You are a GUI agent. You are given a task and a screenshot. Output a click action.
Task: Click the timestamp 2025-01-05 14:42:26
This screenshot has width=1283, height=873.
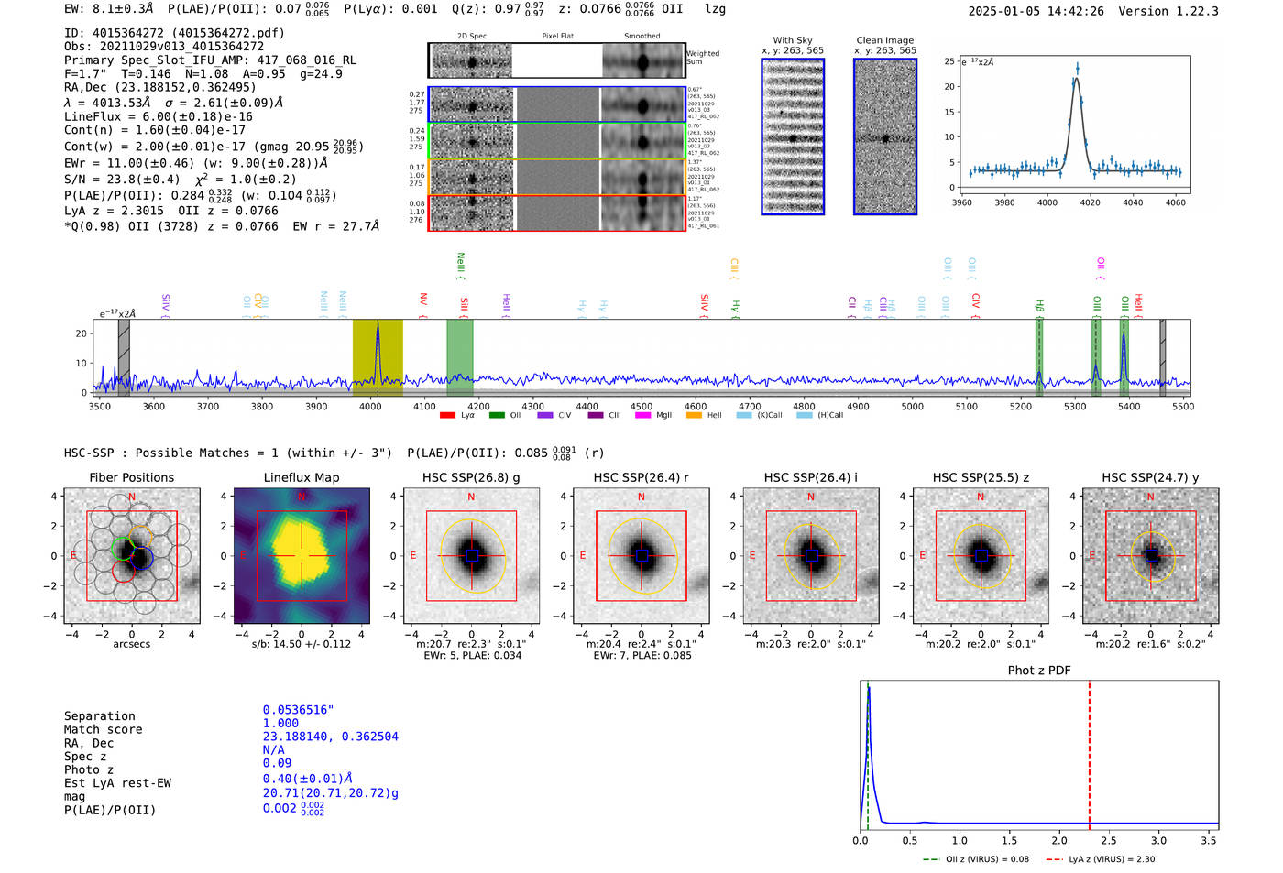1036,12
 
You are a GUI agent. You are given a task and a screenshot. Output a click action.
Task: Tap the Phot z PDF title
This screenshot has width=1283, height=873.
1039,671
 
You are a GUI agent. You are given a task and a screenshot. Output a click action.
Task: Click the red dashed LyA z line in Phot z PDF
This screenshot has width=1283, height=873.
1090,751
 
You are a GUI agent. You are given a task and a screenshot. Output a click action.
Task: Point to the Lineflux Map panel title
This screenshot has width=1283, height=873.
301,477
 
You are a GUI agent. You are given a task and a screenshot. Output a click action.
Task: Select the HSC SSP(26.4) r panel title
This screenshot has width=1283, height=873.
641,477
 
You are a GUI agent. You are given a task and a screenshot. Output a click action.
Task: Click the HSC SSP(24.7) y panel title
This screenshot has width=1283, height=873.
1150,477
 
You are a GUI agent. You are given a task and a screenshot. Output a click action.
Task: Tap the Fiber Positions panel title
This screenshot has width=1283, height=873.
131,477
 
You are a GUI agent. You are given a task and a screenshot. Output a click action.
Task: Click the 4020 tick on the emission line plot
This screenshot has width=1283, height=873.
1090,202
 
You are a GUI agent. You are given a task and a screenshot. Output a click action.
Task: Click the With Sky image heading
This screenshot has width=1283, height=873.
793,40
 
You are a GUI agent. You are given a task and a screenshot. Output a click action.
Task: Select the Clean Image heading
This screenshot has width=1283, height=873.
884,40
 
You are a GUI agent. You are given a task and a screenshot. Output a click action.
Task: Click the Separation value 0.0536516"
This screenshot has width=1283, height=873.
298,710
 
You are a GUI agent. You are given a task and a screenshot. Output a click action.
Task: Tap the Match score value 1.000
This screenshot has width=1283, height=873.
280,724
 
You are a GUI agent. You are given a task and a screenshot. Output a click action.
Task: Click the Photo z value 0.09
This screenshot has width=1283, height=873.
277,763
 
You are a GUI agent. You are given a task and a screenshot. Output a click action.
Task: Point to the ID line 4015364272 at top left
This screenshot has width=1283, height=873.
174,33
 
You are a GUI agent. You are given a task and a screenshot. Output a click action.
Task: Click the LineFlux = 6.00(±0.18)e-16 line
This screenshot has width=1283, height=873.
158,116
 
